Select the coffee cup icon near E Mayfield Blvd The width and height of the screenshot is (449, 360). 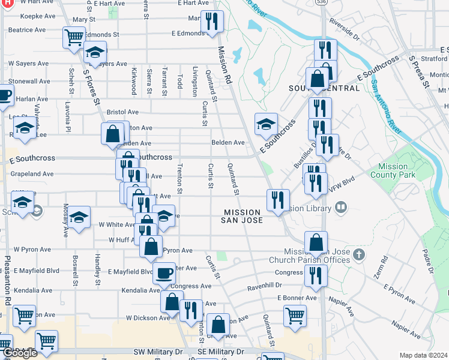[x=164, y=274]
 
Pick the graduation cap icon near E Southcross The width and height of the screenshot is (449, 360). [x=266, y=124]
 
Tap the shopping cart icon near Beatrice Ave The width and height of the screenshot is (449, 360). [x=74, y=37]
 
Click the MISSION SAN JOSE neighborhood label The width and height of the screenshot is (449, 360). [x=243, y=217]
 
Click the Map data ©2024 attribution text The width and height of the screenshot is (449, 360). [x=423, y=355]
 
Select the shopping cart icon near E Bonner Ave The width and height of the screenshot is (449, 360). [x=295, y=316]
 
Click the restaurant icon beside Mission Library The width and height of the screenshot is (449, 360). [x=278, y=200]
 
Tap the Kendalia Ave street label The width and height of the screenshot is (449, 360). [x=139, y=290]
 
